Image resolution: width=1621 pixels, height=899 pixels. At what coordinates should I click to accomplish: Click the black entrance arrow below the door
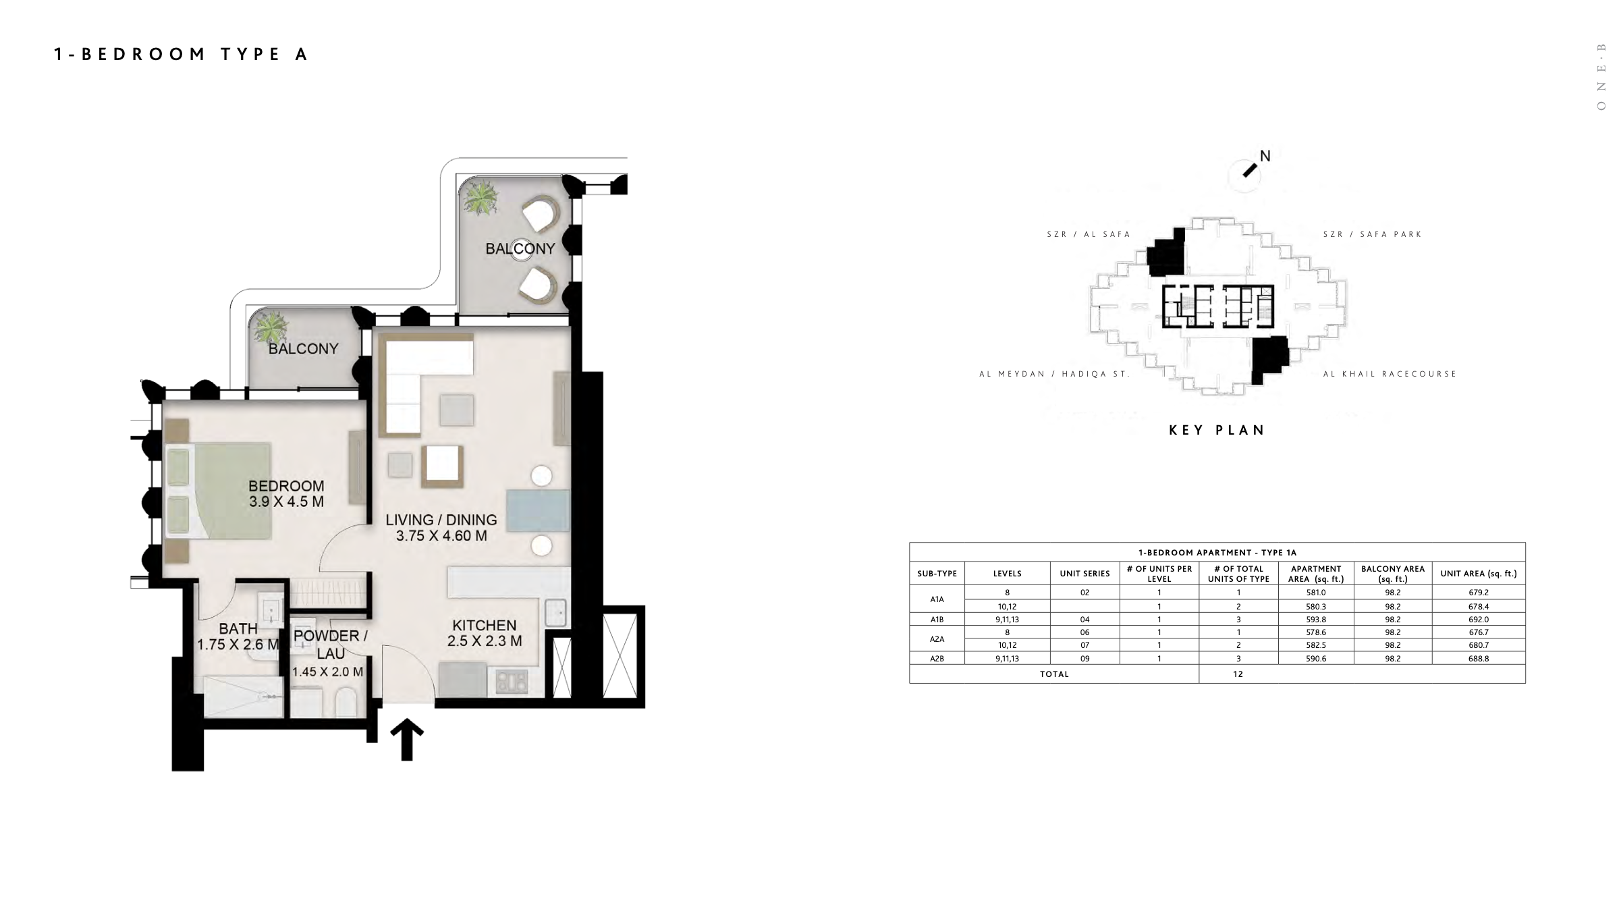click(407, 739)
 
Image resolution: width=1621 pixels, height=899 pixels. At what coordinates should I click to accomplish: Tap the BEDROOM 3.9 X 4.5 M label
click(286, 494)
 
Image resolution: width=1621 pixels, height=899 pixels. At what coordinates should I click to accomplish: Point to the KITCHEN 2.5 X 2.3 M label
click(485, 633)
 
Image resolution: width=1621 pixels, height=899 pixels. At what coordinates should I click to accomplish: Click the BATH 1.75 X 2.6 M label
click(238, 637)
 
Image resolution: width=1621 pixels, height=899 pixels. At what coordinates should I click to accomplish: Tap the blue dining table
click(538, 511)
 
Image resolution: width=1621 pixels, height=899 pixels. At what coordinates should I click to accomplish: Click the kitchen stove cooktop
click(512, 681)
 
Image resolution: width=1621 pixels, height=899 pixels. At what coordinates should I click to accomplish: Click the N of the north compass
click(1265, 156)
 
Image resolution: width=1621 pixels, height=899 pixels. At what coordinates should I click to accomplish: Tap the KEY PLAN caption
click(1217, 430)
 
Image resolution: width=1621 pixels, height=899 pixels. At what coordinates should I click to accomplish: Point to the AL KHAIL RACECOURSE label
click(1390, 374)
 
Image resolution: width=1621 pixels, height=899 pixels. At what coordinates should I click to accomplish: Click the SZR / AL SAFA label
click(1089, 234)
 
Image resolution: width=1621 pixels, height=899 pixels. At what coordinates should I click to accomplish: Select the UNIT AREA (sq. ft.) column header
click(1479, 574)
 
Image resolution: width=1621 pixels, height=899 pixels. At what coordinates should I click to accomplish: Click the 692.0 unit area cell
click(1479, 620)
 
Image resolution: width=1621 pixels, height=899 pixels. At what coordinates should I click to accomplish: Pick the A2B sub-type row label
click(937, 659)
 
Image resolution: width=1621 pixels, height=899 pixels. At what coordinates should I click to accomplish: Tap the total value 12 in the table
click(1238, 674)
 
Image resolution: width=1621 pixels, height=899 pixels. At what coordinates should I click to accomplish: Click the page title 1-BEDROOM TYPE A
click(181, 55)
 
